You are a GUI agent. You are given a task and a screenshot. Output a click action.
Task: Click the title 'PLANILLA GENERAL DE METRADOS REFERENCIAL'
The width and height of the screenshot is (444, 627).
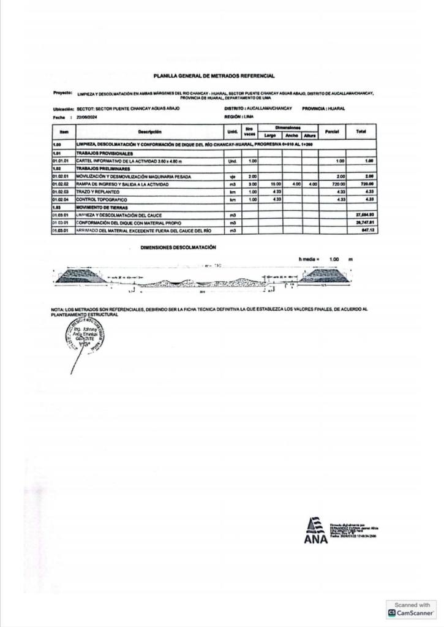(x=214, y=76)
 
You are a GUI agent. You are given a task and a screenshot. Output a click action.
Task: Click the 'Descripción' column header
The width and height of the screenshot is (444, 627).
(x=149, y=131)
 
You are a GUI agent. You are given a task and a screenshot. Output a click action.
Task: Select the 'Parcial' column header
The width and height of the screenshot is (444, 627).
(x=332, y=131)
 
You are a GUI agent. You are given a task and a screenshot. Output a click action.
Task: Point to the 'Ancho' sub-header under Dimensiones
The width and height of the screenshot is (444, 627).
(x=292, y=135)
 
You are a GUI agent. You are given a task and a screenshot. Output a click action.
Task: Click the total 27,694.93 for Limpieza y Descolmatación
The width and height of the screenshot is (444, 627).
(x=364, y=215)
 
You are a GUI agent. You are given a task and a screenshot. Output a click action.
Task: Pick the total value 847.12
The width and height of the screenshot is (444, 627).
(x=367, y=230)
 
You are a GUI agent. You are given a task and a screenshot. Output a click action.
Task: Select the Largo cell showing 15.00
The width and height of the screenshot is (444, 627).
(x=275, y=184)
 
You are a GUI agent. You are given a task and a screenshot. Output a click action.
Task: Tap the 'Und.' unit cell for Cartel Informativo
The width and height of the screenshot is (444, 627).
(x=232, y=161)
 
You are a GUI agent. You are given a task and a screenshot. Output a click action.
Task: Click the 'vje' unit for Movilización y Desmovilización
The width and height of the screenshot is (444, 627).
(x=232, y=177)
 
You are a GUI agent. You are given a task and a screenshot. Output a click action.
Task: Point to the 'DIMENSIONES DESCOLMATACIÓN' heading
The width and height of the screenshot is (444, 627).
(x=178, y=247)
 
